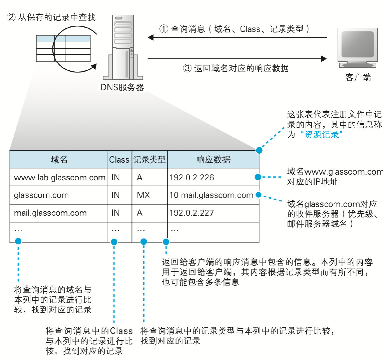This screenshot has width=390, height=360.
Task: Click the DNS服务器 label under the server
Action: (122, 87)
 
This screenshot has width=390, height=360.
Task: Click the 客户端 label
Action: (358, 77)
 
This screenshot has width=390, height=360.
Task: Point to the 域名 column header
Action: (59, 160)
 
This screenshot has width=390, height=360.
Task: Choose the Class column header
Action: (119, 160)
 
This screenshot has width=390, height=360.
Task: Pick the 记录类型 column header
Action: (149, 160)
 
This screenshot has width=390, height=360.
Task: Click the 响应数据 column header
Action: (213, 160)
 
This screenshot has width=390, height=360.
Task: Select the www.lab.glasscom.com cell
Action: (59, 178)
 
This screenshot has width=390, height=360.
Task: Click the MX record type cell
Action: (143, 195)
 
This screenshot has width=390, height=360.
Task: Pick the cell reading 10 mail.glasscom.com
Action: (211, 195)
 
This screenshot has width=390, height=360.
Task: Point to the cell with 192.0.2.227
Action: (191, 213)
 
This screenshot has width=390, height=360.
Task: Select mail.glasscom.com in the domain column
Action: (50, 213)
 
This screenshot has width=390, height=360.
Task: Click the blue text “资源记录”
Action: (322, 134)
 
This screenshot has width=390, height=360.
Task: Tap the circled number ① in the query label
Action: (163, 29)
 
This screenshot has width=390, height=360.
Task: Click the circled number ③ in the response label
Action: (187, 68)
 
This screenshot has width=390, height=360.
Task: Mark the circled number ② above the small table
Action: (11, 17)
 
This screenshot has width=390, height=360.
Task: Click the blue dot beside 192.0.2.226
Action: (257, 177)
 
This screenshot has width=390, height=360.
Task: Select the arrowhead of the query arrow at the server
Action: (151, 37)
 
